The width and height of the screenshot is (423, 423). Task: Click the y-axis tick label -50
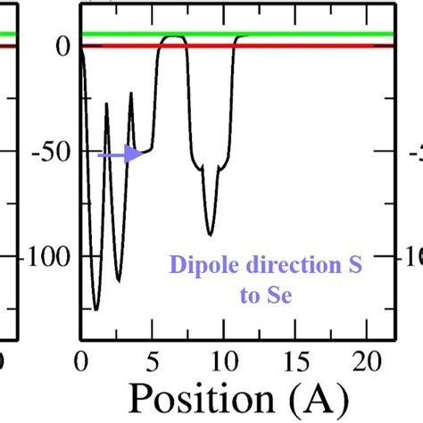[52, 152]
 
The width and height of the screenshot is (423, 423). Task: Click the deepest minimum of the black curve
[95, 309]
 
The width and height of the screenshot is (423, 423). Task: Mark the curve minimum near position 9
[211, 234]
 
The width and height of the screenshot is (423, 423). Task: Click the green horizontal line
[268, 34]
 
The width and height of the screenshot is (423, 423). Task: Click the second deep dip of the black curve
[119, 281]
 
